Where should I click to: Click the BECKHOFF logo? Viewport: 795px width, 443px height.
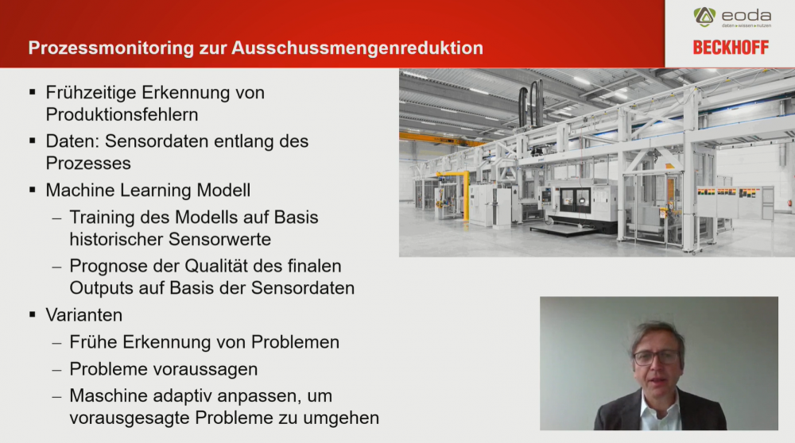pos(731,48)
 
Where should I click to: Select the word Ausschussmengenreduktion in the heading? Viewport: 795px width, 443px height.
pos(357,48)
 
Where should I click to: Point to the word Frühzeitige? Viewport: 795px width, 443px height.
pos(91,93)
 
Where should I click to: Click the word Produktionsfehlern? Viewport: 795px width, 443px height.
pos(122,115)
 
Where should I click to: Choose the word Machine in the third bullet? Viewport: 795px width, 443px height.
pos(79,191)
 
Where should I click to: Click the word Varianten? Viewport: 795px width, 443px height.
pos(84,315)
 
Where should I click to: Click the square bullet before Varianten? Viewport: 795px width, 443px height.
pos(33,315)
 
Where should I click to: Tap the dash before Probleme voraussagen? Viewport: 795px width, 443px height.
pos(56,370)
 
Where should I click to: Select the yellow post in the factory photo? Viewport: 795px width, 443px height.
pos(466,196)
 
